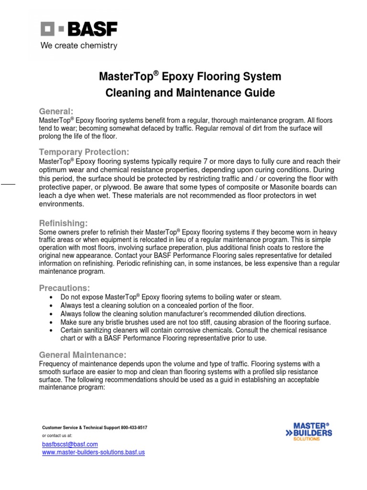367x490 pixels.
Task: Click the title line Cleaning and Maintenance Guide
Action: point(190,93)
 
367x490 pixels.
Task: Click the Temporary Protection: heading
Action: point(84,152)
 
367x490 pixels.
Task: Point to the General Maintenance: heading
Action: point(82,355)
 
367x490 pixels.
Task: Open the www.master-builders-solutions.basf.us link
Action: point(94,452)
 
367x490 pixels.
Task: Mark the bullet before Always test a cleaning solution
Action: point(51,305)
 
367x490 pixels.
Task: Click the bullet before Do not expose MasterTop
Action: point(51,297)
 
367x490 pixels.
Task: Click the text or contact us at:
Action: point(57,436)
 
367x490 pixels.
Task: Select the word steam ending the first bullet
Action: point(271,297)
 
